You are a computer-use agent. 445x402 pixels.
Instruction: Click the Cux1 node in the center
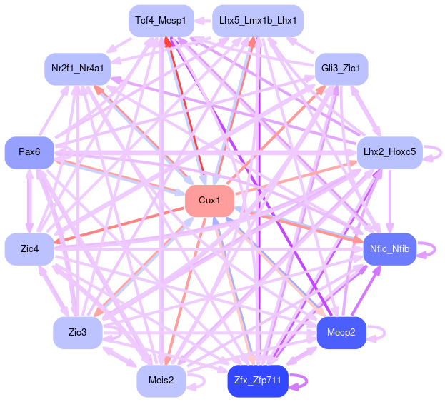tap(209, 201)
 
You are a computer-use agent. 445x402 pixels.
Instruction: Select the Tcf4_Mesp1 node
tap(160, 21)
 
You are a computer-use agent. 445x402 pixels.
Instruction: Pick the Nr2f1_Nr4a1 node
tap(78, 69)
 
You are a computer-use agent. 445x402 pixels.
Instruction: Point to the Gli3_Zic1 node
tap(341, 69)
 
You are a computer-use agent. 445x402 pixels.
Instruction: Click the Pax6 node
tap(29, 152)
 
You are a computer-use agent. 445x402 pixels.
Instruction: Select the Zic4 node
tap(29, 248)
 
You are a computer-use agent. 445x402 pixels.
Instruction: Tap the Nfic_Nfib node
tap(389, 248)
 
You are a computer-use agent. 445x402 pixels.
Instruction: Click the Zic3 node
tap(78, 333)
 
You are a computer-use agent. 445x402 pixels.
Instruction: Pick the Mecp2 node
tap(341, 333)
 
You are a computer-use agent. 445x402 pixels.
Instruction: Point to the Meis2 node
tap(161, 381)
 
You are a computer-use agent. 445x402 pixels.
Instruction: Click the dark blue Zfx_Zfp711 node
tap(258, 381)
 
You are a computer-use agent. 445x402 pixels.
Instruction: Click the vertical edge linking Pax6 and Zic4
tap(29, 201)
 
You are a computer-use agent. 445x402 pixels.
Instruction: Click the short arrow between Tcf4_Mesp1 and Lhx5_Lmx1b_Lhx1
tap(203, 21)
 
